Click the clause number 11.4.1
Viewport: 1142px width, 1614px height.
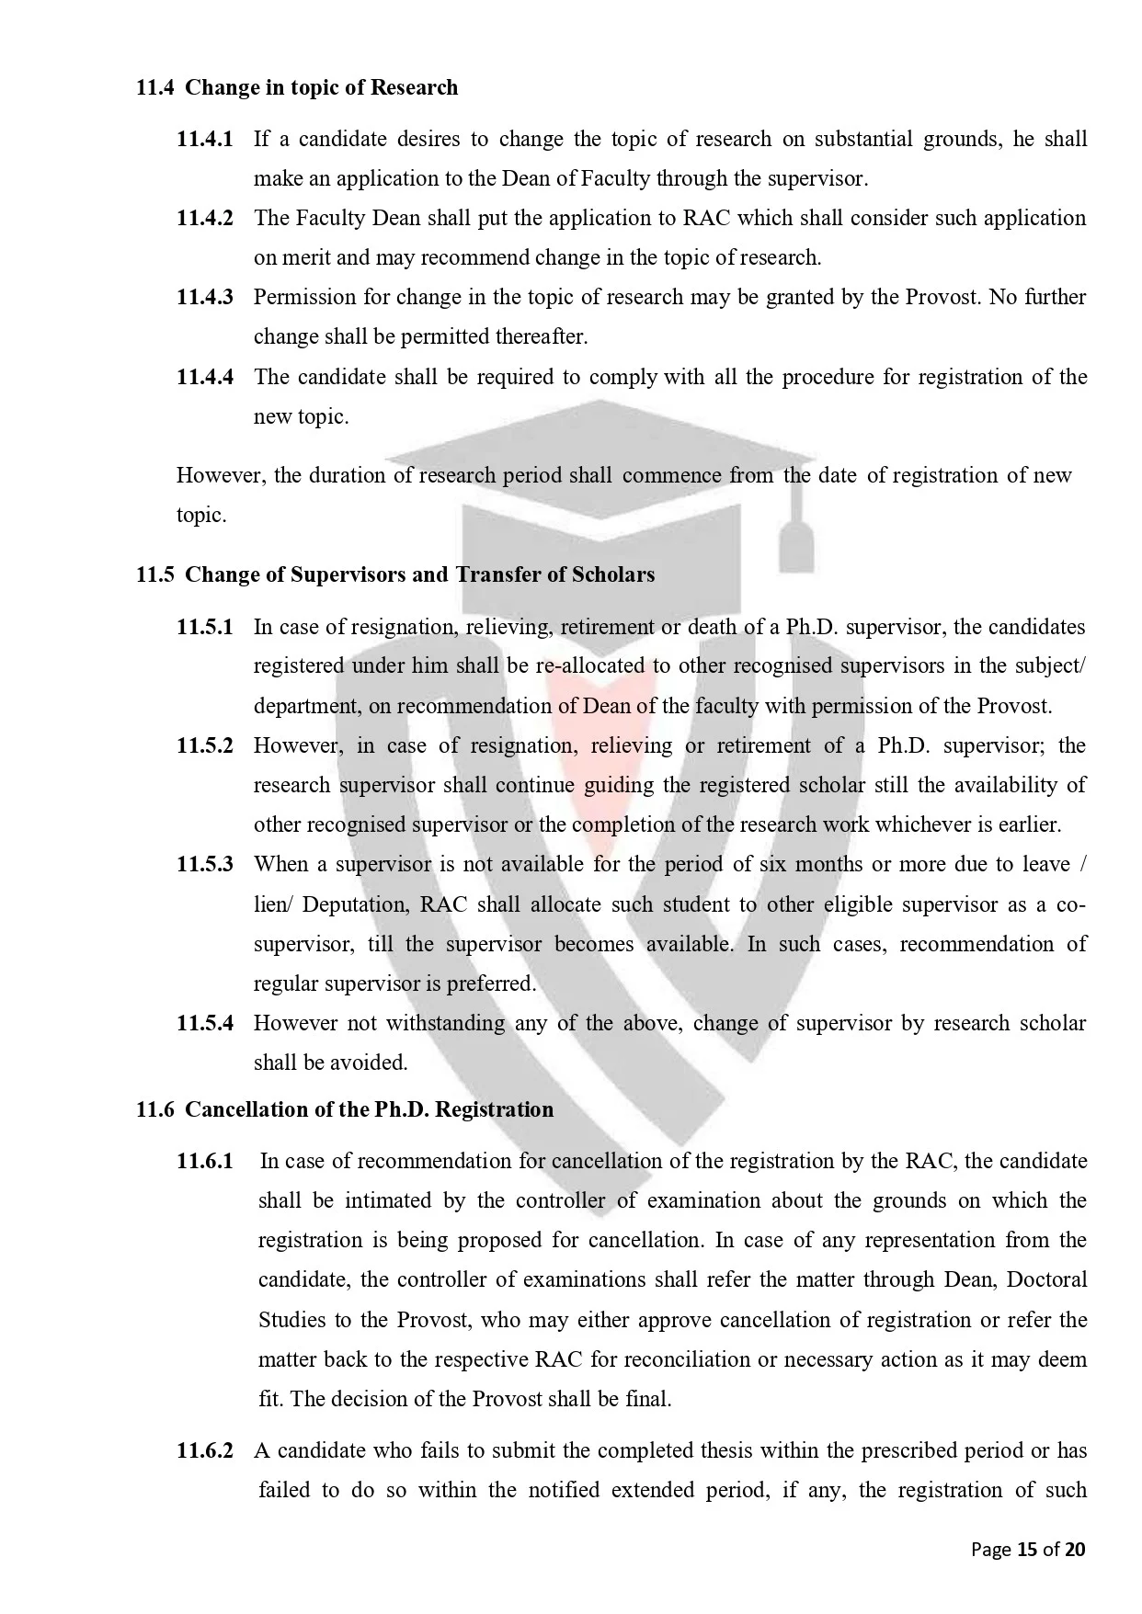[205, 140]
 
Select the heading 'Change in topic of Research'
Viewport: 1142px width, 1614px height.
[321, 88]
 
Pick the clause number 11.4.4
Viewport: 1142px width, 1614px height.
[205, 377]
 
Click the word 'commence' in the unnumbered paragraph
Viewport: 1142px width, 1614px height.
[671, 475]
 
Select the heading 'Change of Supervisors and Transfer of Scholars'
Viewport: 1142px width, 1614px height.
[419, 575]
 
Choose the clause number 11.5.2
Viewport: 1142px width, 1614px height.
[205, 745]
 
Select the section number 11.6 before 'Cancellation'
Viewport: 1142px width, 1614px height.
[154, 1109]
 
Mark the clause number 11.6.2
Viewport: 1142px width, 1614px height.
[205, 1450]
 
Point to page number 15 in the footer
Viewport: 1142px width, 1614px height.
[1025, 1550]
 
